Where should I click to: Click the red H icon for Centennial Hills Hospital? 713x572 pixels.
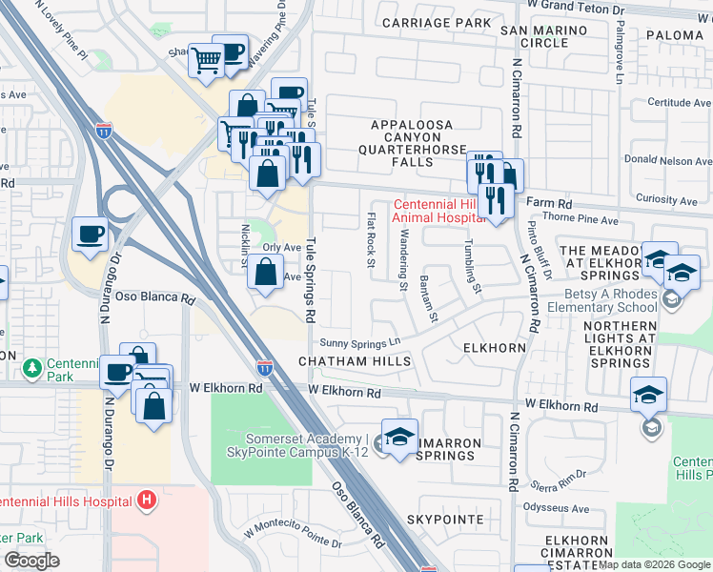point(146,499)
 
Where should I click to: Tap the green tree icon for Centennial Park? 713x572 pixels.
point(34,367)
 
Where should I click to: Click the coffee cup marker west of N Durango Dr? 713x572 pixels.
point(92,235)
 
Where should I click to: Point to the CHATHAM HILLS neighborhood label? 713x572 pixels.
point(355,362)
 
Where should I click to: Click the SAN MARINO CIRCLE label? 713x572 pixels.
point(534,36)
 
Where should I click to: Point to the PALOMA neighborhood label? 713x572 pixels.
point(674,35)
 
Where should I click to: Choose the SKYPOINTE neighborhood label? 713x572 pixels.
point(446,520)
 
